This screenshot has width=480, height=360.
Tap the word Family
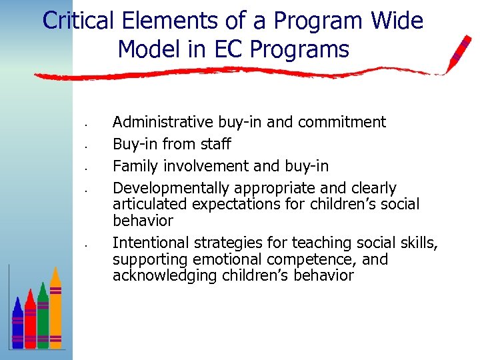(x=134, y=165)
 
